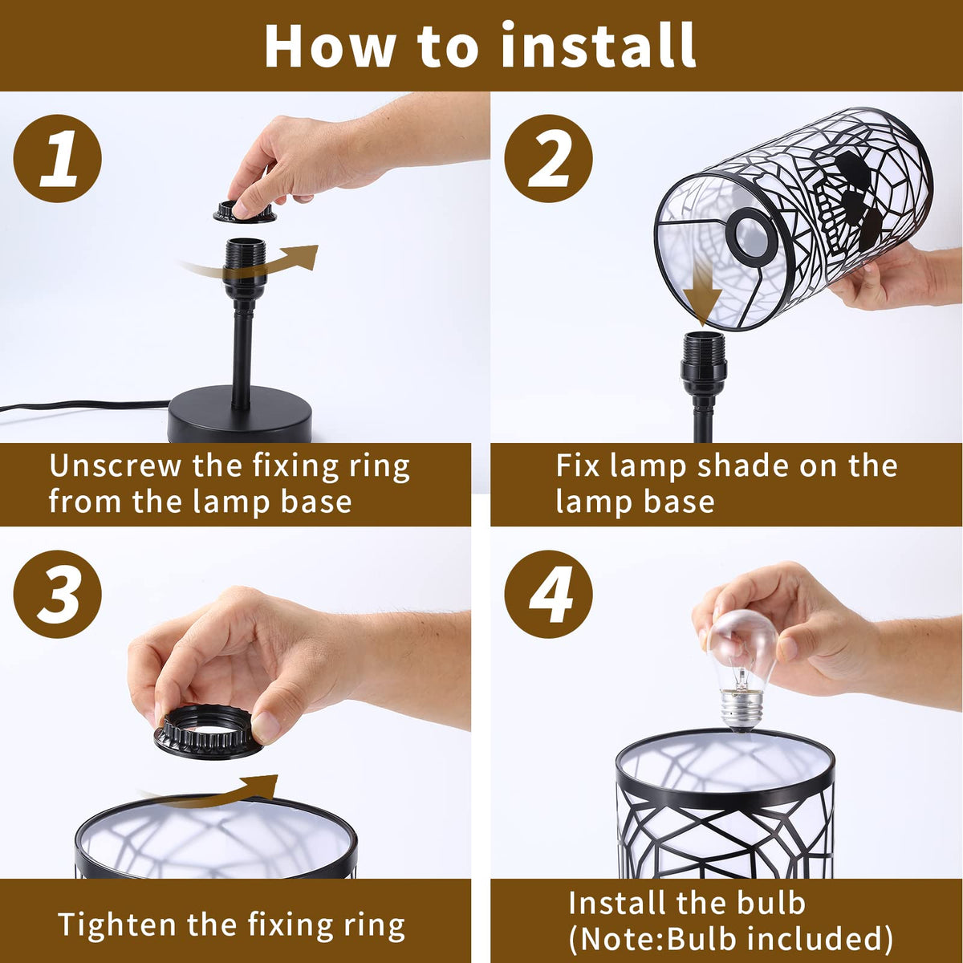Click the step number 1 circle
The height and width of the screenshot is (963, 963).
[58, 158]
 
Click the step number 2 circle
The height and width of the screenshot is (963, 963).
[548, 158]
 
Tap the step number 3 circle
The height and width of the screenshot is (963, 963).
[58, 594]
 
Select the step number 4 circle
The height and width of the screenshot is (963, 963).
[548, 594]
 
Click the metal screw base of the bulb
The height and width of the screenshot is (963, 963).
[742, 710]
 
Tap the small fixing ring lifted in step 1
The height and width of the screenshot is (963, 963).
[245, 212]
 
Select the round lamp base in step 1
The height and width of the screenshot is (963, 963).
[240, 414]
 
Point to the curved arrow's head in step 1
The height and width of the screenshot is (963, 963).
[303, 256]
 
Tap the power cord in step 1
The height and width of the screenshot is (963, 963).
[85, 405]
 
